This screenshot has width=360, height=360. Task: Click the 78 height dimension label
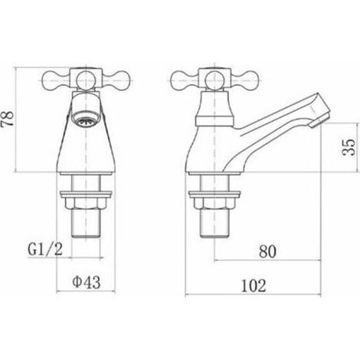pos(8,118)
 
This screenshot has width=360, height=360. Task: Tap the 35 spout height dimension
pos(349,147)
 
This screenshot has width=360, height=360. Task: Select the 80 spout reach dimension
pos(267,251)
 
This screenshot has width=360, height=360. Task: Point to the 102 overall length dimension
pos(254,286)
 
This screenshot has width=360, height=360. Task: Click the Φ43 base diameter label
pos(87,283)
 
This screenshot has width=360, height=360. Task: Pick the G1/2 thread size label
pos(45,249)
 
